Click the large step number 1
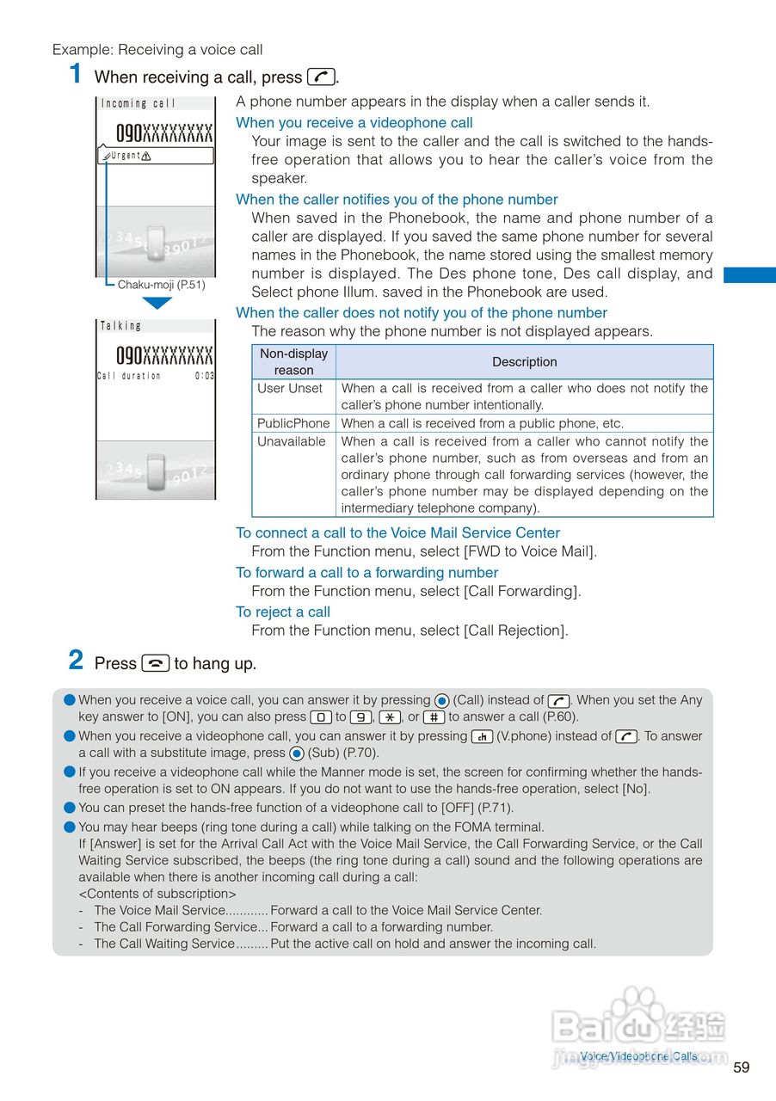(77, 74)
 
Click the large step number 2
(77, 661)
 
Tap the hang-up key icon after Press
(156, 663)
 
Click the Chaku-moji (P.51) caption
(162, 285)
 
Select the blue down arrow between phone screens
(157, 303)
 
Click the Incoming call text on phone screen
(139, 104)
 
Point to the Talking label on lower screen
(121, 326)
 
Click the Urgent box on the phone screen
(157, 156)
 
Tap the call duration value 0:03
(205, 376)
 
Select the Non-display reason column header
(293, 362)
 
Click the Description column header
(524, 362)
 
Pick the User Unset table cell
(290, 389)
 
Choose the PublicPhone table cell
(293, 423)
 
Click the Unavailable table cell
(292, 442)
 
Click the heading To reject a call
(283, 612)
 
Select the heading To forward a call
(366, 573)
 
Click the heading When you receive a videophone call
(354, 123)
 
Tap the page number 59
(742, 1067)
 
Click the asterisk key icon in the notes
(390, 717)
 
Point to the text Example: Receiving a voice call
(157, 50)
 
